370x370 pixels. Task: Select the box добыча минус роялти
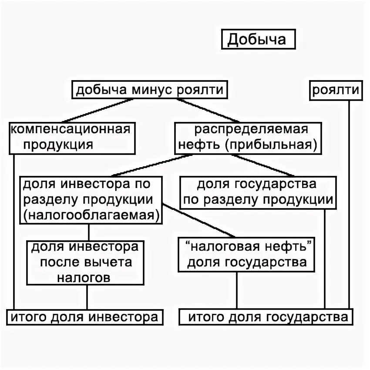tap(149, 90)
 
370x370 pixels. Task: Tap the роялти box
tap(336, 90)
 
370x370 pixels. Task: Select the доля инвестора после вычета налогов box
tap(85, 262)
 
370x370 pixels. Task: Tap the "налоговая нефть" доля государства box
tap(247, 255)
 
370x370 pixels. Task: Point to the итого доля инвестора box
tap(84, 316)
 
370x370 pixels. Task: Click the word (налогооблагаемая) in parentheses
tap(91, 215)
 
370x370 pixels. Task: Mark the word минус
tap(151, 90)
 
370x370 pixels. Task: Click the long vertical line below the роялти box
tap(349, 205)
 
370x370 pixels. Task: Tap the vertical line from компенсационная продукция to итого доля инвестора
tap(14, 231)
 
